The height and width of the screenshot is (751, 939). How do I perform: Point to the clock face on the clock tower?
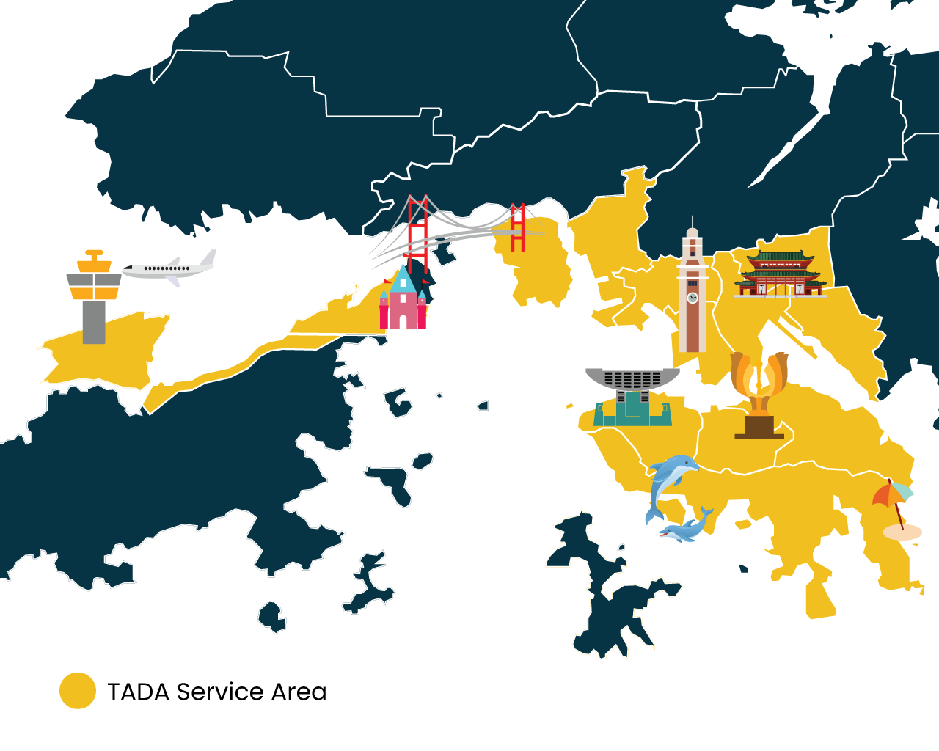692,298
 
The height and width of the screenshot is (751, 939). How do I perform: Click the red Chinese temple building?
781,274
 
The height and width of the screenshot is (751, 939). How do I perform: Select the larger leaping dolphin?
669,480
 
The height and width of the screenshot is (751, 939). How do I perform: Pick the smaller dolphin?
688,527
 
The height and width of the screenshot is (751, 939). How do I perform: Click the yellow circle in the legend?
78,691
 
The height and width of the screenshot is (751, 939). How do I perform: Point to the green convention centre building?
632,407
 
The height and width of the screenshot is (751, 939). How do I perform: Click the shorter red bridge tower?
518,228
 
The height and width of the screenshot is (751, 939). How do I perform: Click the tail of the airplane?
208,258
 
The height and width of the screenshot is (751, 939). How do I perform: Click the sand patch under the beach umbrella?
902,532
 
